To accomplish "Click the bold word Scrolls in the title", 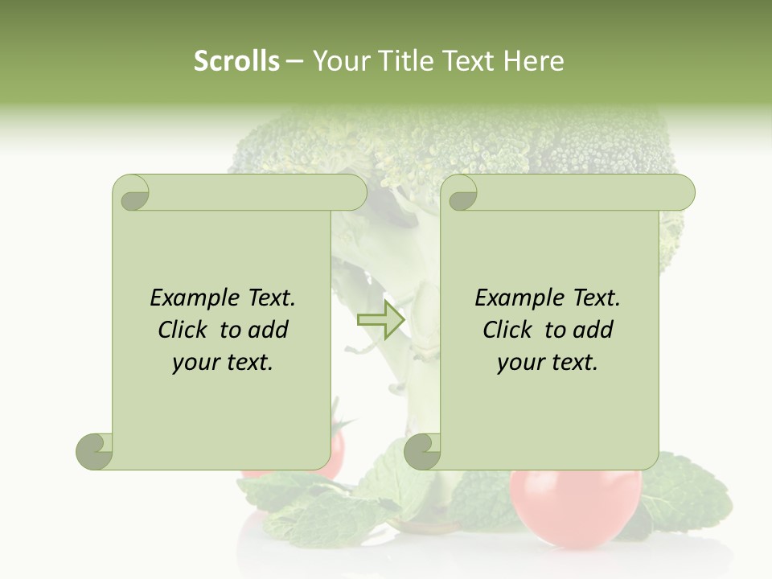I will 236,61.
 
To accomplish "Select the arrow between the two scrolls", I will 380,319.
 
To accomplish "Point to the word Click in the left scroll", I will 185,330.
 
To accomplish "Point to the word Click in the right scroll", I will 510,330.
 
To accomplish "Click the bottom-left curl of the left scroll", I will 95,451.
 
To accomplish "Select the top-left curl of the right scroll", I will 460,194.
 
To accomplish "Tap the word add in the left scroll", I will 269,330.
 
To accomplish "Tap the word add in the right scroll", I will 593,330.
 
